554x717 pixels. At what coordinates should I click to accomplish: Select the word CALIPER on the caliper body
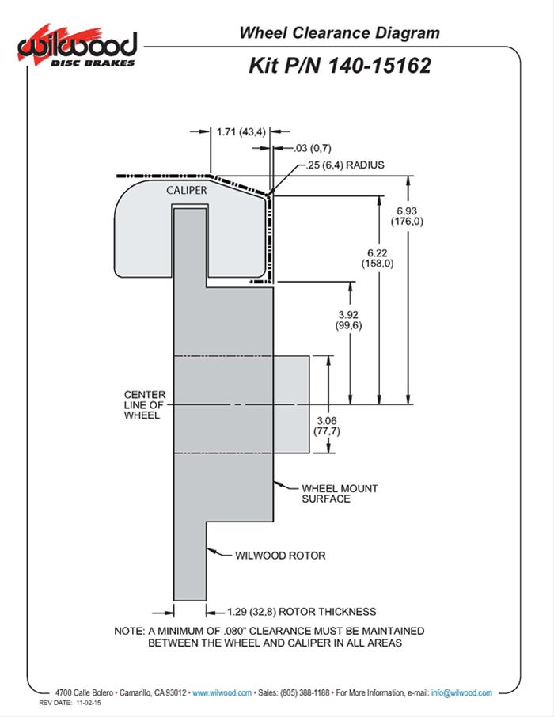pos(187,191)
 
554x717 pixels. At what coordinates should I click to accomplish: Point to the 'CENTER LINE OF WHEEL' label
pos(143,404)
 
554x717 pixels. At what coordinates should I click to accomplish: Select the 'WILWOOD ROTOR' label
pos(280,555)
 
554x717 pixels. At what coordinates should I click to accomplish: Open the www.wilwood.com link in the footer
pos(222,692)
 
